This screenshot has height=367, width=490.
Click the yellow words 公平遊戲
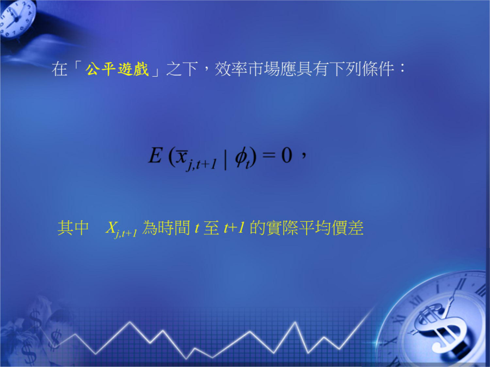[x=117, y=69]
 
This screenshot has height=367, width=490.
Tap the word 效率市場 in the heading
[x=247, y=69]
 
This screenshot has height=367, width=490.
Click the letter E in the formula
[x=155, y=155]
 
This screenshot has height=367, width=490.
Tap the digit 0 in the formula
[x=287, y=155]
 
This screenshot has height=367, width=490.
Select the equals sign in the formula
[x=269, y=155]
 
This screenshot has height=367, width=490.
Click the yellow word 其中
[x=73, y=228]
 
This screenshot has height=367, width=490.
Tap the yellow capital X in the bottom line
[x=111, y=227]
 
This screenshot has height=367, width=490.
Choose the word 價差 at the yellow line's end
[x=347, y=228]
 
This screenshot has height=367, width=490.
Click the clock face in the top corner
[x=17, y=18]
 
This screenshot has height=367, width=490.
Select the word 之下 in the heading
[x=182, y=69]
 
